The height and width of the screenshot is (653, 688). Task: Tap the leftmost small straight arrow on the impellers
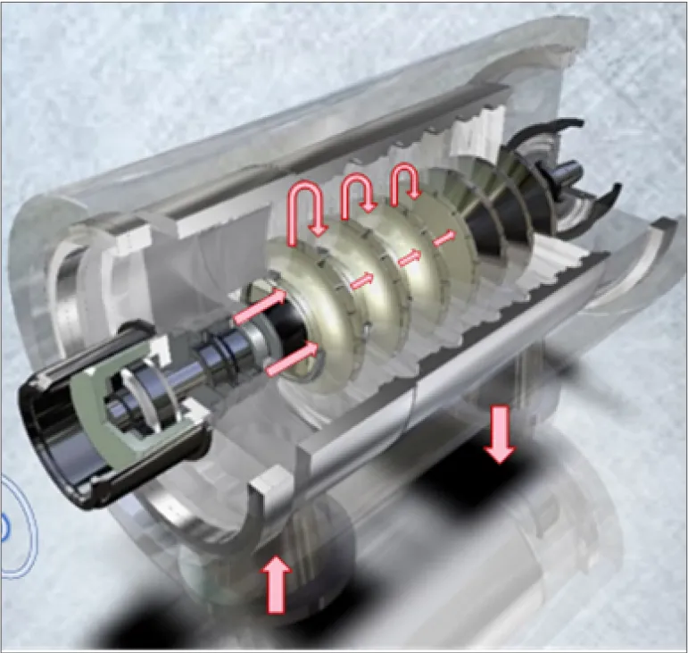(x=361, y=281)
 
